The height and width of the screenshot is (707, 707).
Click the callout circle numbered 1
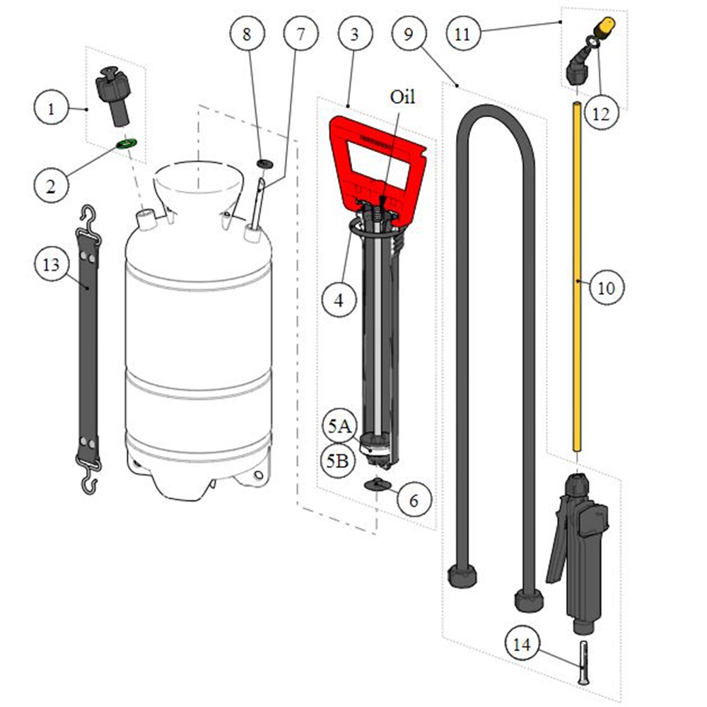52,109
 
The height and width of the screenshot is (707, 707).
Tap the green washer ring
127,144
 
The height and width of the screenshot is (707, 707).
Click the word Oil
402,97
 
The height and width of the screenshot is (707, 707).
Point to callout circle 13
52,264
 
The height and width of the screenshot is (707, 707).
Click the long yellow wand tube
577,276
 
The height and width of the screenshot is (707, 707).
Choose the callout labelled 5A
339,426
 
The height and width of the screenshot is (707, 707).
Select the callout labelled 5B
338,461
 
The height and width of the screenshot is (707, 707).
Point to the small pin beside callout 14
583,663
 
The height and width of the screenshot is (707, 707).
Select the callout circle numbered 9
409,33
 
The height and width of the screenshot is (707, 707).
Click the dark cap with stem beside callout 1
113,96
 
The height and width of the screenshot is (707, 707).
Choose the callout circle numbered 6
414,500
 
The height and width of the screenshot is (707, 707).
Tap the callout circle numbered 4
339,300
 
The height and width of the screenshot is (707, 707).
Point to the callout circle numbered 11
463,33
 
